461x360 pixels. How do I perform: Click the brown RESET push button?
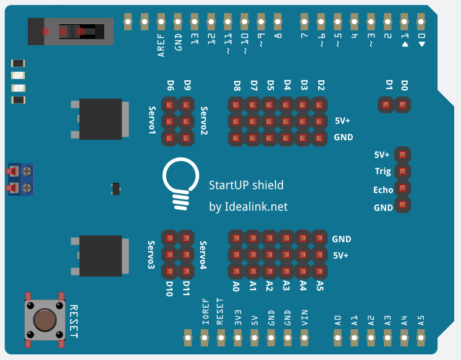[x=44, y=319]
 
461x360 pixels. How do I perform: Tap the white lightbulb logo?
[x=179, y=182]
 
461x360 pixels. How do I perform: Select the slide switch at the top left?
[x=71, y=31]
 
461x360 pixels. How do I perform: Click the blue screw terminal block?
[x=20, y=178]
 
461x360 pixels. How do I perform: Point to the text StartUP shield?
[x=246, y=185]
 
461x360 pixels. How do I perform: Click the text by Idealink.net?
[x=248, y=207]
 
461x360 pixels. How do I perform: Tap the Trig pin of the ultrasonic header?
[x=402, y=171]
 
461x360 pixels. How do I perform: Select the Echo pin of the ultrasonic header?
[x=402, y=188]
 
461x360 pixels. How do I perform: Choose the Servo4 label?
[x=203, y=255]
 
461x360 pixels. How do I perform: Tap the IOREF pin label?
[x=205, y=312]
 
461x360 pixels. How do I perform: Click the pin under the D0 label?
[x=403, y=106]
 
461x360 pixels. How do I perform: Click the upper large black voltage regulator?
[x=101, y=119]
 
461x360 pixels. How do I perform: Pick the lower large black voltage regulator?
[x=101, y=255]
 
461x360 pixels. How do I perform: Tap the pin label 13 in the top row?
[x=195, y=41]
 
